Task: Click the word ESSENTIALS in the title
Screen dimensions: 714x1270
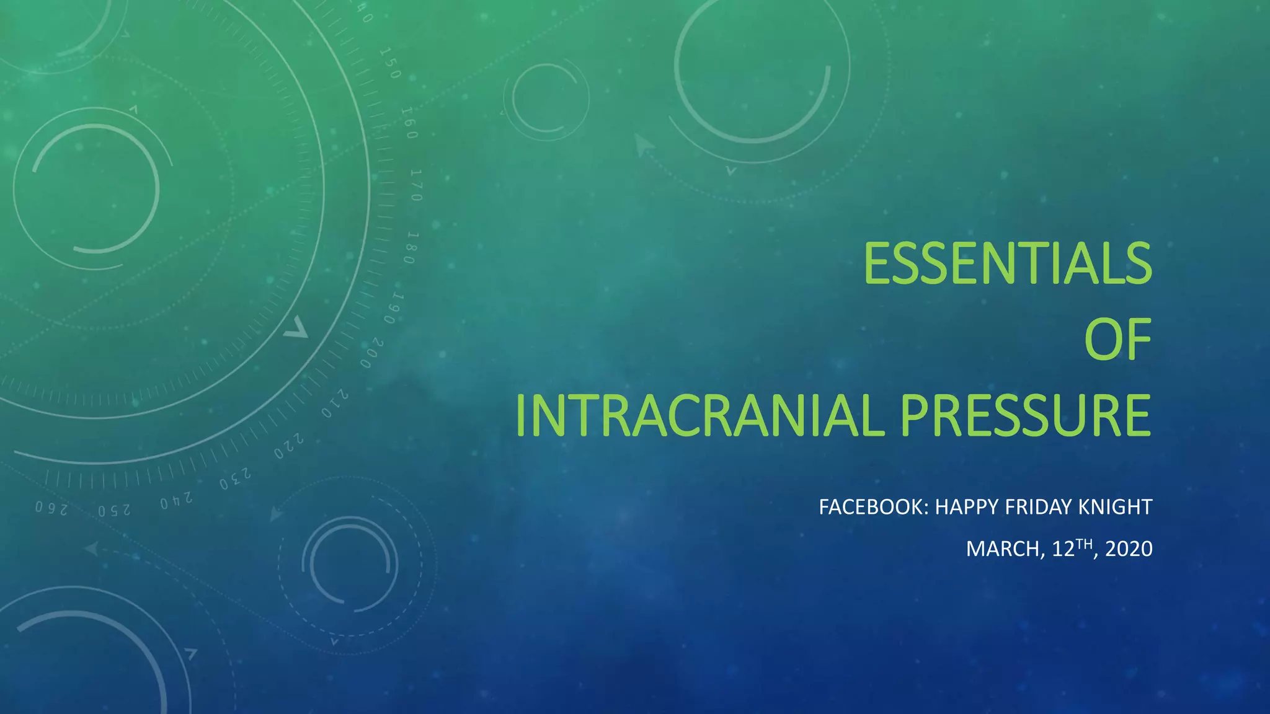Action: [x=1007, y=263]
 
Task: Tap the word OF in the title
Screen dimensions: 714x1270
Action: [x=1117, y=339]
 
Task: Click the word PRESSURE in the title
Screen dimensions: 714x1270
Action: [x=1025, y=415]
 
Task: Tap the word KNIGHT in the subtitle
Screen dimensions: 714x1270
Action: [x=1115, y=507]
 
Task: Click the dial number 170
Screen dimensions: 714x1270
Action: [x=416, y=185]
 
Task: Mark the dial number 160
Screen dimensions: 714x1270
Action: [x=409, y=123]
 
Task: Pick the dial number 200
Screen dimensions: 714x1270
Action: [x=373, y=353]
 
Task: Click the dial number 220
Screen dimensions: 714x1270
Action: [x=289, y=446]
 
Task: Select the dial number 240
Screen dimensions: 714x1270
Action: [x=176, y=500]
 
